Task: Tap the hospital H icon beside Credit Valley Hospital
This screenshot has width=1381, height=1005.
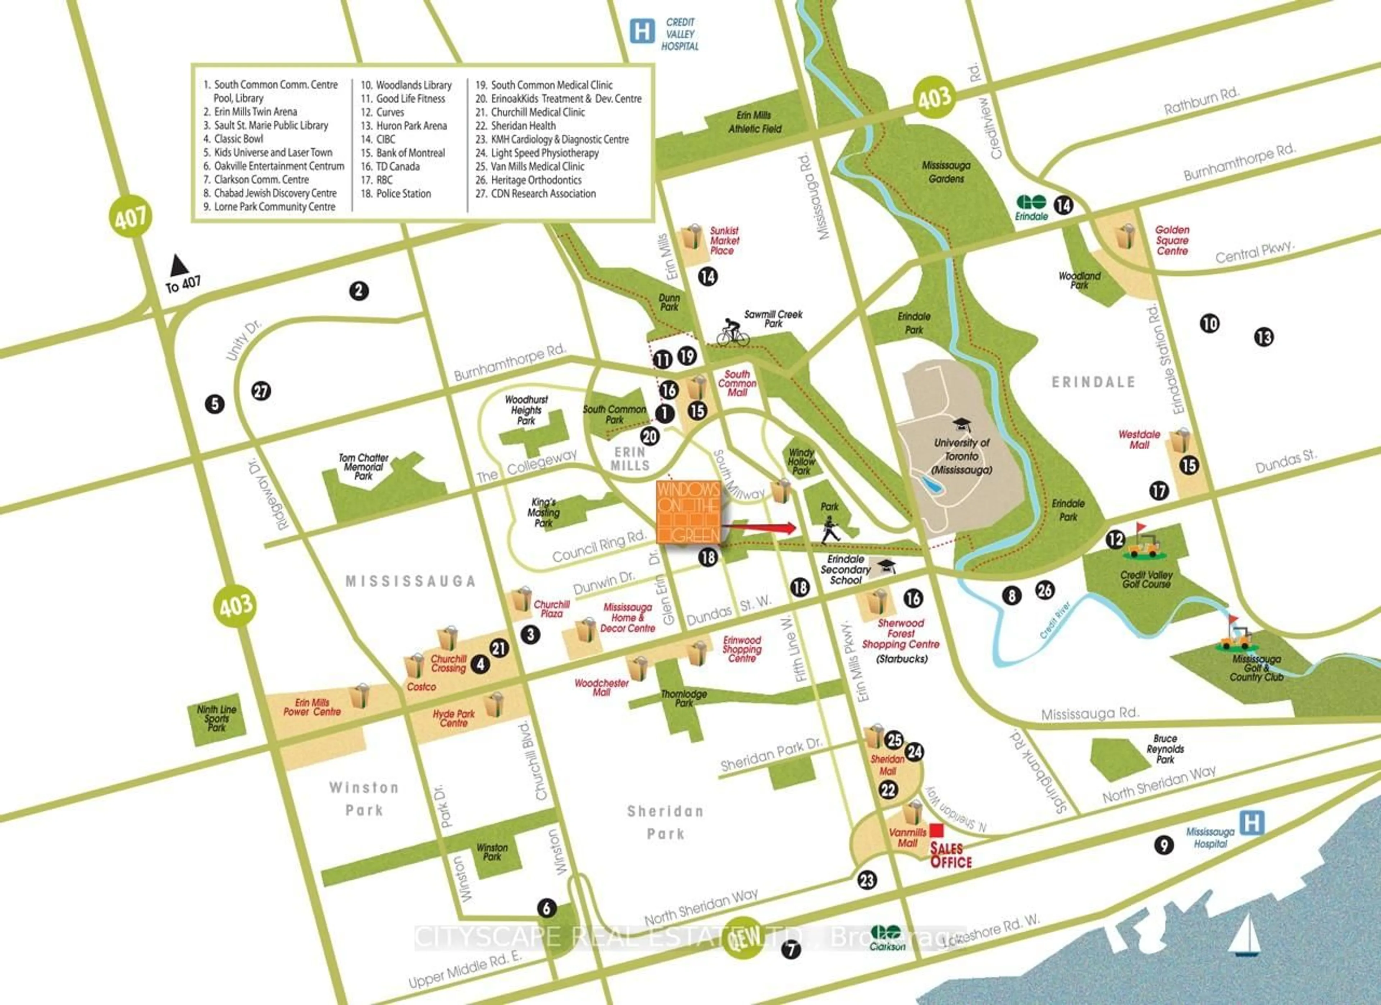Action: (642, 31)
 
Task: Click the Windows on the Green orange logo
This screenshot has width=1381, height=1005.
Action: (688, 512)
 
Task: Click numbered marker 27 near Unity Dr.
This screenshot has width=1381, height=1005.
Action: (261, 391)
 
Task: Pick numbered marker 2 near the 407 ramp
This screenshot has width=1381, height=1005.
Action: (359, 291)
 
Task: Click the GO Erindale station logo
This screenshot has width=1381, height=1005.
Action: (1031, 202)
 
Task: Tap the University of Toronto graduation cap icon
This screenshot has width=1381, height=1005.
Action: (961, 424)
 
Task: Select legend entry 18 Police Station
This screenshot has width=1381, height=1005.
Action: (396, 194)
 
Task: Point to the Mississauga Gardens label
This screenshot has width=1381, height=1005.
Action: (945, 172)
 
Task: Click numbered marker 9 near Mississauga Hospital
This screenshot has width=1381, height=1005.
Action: (1164, 845)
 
